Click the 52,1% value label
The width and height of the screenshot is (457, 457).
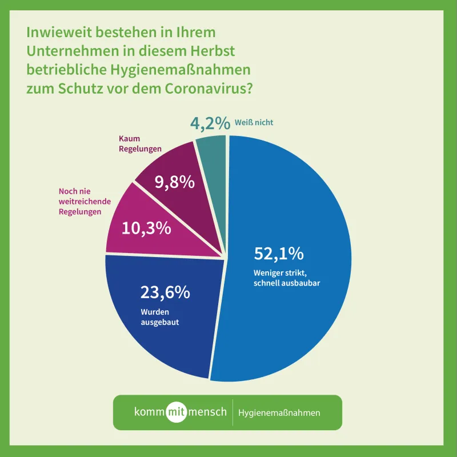(x=278, y=254)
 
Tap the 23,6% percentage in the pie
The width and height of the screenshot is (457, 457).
(x=165, y=292)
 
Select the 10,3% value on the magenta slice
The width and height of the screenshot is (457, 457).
(x=146, y=228)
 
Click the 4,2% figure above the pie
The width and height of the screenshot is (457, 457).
(x=210, y=123)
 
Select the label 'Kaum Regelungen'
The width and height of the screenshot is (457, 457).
(x=140, y=144)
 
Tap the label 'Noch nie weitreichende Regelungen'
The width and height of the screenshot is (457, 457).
(x=89, y=202)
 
